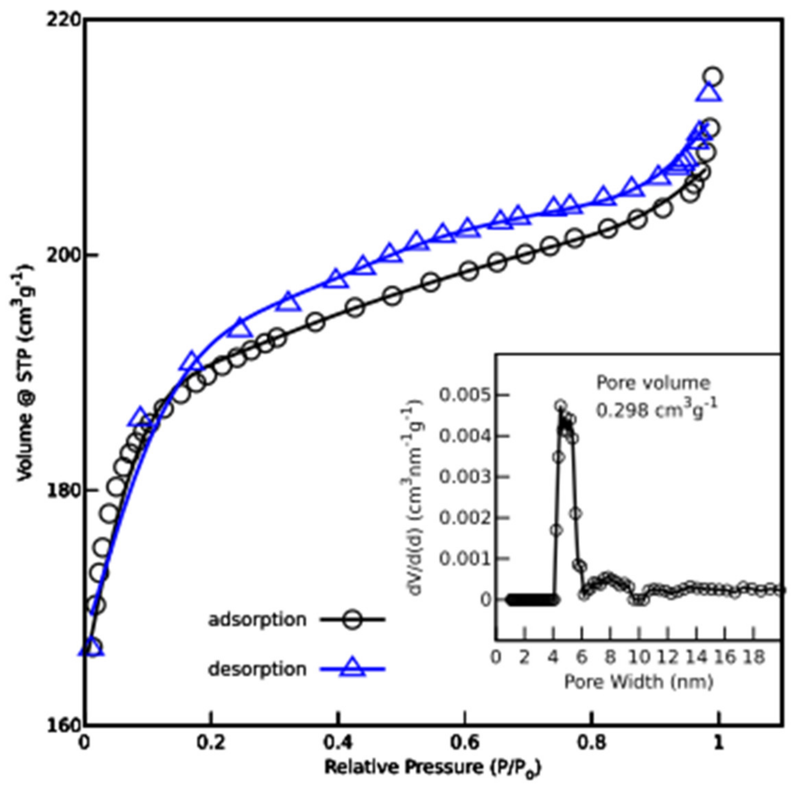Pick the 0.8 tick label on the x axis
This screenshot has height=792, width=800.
tap(592, 743)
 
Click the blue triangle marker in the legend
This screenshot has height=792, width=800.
tap(352, 667)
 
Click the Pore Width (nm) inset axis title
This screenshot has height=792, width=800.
tap(638, 682)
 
